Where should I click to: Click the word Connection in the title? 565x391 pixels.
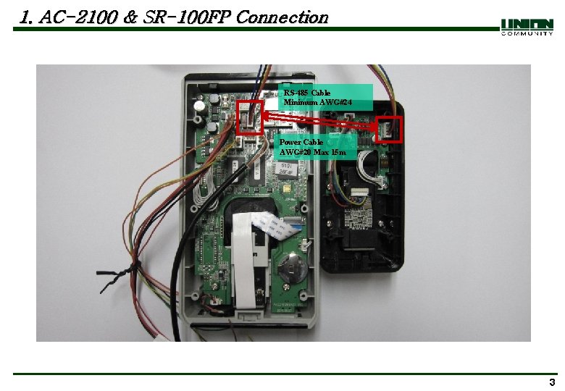click(282, 17)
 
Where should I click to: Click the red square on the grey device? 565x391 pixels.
click(250, 117)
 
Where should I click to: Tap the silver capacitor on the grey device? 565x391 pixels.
click(198, 106)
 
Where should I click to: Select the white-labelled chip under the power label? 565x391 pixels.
click(284, 171)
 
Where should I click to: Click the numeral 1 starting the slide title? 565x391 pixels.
click(27, 17)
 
